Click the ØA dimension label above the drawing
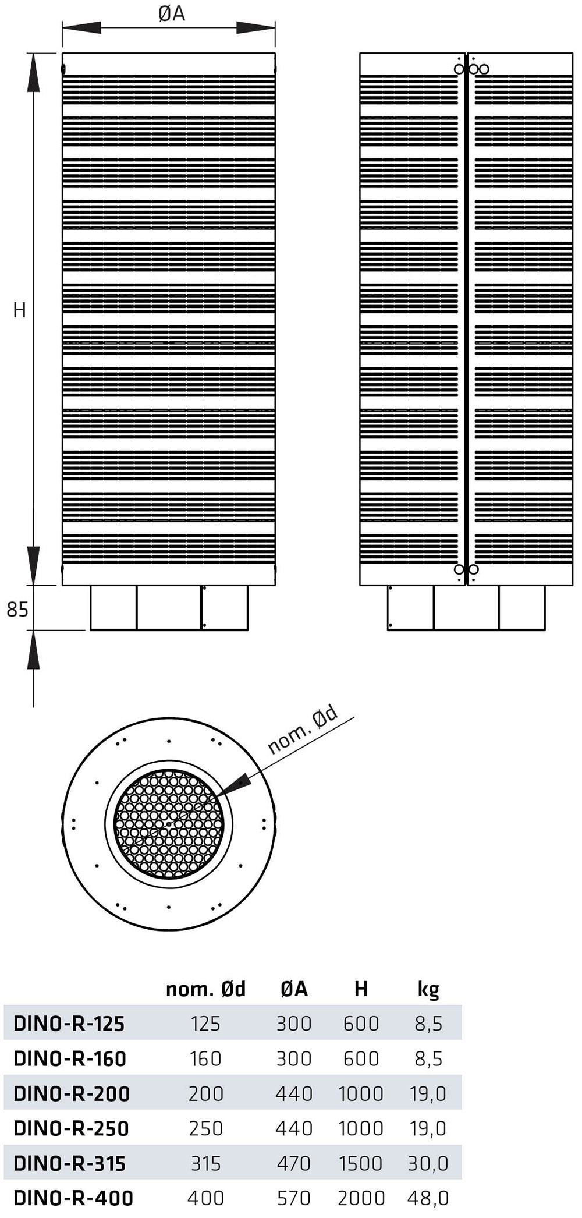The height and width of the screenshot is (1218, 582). (x=172, y=13)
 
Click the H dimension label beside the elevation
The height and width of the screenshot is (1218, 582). (x=19, y=310)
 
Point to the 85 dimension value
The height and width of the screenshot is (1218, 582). (x=17, y=610)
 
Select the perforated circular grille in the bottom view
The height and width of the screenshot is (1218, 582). (x=169, y=824)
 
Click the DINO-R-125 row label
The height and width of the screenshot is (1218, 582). (x=69, y=1023)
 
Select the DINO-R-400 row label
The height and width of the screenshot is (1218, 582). (x=73, y=1198)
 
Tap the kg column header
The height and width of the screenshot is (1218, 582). (x=428, y=989)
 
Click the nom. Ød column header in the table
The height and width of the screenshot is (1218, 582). (x=206, y=989)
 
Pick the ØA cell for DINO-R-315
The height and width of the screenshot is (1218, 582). (x=294, y=1163)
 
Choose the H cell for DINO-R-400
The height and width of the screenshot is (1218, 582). (x=361, y=1198)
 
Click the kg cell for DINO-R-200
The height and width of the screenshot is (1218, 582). (x=428, y=1093)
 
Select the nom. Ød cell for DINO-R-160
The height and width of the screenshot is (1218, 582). (x=205, y=1058)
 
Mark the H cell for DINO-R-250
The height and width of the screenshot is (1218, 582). (x=361, y=1128)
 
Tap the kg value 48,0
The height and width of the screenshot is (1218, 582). (x=428, y=1198)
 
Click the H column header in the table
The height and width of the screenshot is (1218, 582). (x=361, y=989)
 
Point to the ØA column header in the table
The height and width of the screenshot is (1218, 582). (x=294, y=989)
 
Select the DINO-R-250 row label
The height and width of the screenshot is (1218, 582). (x=70, y=1128)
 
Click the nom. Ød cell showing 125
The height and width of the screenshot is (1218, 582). (x=205, y=1023)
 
